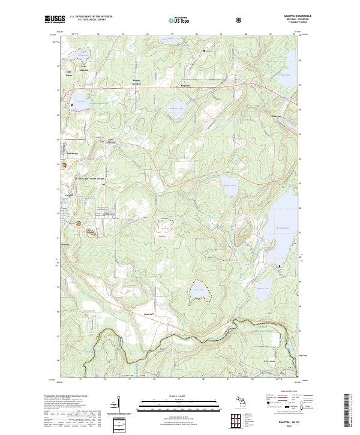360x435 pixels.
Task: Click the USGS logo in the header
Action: coord(55,20)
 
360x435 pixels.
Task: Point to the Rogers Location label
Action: coord(136,82)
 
